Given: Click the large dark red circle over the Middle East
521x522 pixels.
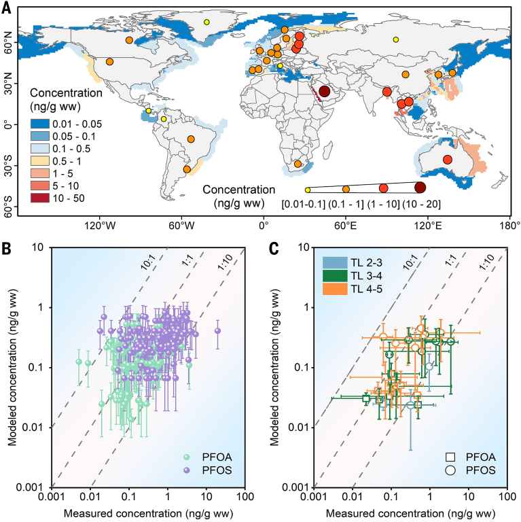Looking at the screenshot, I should coord(325,91).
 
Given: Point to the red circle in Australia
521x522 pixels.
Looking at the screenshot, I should coord(447,160).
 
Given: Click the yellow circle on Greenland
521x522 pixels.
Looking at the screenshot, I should coord(206,22).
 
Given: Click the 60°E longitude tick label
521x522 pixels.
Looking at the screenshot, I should coord(346,225).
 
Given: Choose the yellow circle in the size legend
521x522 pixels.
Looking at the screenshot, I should coord(308,190).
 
